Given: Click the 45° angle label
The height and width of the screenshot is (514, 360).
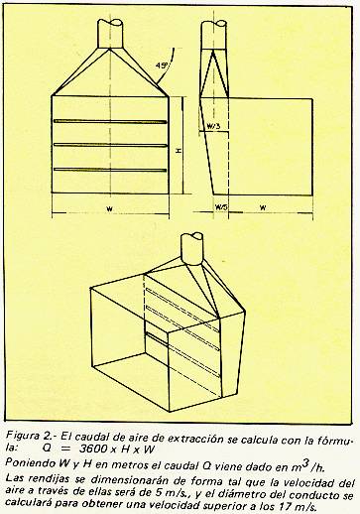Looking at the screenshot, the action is [x=161, y=65].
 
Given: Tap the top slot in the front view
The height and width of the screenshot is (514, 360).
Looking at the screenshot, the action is [x=110, y=122].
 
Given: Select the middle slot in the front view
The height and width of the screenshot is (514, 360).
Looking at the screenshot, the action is [x=110, y=145].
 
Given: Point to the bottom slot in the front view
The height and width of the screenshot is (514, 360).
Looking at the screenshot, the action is [x=110, y=170].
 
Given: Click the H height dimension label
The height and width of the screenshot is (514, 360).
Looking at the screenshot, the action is [x=179, y=151].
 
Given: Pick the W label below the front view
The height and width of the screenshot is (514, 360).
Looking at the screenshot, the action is [x=110, y=209].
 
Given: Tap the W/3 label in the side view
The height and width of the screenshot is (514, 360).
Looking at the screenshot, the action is [x=213, y=126].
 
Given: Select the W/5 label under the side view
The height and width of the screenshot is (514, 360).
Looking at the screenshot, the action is [x=221, y=207].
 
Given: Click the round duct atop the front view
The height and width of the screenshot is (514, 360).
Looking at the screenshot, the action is [x=110, y=34].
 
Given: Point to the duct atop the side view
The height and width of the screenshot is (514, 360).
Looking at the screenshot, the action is [x=214, y=35].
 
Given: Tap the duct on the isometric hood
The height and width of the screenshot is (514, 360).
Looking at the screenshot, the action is [x=192, y=249].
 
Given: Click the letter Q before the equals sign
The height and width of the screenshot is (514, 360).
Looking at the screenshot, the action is [x=47, y=450].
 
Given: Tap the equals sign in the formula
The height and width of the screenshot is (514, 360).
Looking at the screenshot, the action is [x=65, y=450].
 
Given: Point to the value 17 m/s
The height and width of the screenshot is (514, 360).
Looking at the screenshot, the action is [x=294, y=506].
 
